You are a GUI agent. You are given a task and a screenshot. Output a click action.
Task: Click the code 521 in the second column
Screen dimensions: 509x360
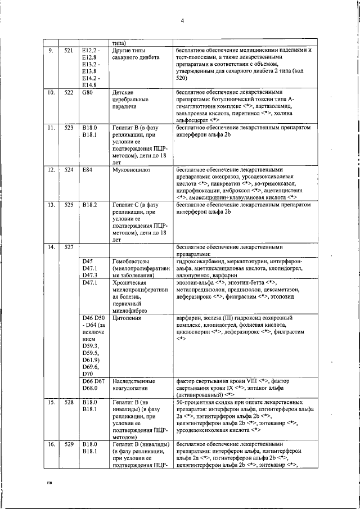[x=69, y=50]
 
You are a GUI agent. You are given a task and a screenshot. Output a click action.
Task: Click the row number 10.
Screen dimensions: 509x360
[x=51, y=92]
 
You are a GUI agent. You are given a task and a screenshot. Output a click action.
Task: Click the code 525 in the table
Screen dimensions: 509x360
[x=69, y=205]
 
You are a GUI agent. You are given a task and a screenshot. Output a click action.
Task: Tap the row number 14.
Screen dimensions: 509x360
[x=51, y=247]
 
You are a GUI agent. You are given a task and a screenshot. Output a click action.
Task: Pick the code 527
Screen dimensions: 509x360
[x=69, y=247]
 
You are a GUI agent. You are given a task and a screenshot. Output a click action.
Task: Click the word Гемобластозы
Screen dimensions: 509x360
[x=133, y=262]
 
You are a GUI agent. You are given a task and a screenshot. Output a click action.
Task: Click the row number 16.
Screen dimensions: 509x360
[x=51, y=445]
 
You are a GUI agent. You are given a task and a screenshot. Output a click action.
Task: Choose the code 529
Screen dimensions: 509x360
[x=69, y=445]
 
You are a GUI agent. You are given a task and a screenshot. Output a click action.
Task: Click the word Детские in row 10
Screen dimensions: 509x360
[x=123, y=92]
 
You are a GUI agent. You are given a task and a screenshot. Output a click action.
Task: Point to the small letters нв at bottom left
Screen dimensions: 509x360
[x=48, y=483]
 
